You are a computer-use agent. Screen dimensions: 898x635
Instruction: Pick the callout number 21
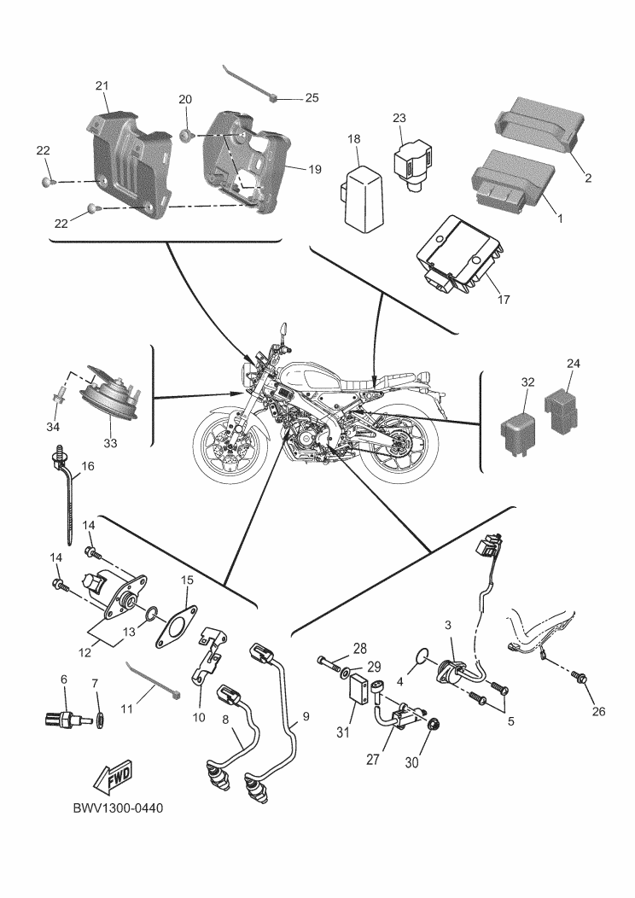click(102, 85)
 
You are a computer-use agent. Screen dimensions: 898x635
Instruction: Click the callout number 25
click(312, 97)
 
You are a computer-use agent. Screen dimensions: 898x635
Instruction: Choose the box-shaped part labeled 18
click(364, 194)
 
